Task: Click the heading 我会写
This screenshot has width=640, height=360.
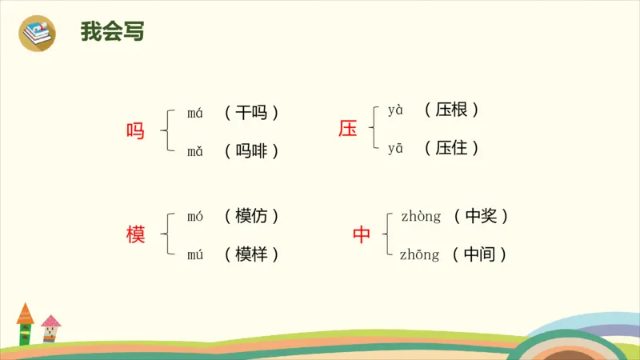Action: point(113,31)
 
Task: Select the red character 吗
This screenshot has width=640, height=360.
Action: point(136,131)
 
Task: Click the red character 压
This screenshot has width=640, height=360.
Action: point(348,129)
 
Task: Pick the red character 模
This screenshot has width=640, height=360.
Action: point(136,235)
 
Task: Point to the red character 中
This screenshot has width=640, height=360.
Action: point(362,235)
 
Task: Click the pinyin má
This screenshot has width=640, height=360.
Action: point(195,113)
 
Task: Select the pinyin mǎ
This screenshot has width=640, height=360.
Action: point(195,150)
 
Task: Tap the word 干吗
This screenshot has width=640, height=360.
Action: point(252,113)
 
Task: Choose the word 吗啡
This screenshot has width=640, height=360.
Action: point(252,150)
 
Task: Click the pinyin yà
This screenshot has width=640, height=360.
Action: point(396,110)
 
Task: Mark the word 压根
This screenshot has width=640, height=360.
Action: point(452,110)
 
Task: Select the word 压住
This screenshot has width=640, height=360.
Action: point(452,148)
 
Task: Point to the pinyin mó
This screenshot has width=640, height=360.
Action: point(195,217)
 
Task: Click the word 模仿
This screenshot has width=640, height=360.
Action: point(252,216)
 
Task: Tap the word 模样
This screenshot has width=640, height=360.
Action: point(252,254)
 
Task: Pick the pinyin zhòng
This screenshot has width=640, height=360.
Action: point(421,217)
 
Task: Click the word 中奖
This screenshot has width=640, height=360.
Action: point(481,216)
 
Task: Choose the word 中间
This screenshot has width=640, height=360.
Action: point(480,254)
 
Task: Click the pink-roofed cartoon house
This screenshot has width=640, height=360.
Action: point(51,328)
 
